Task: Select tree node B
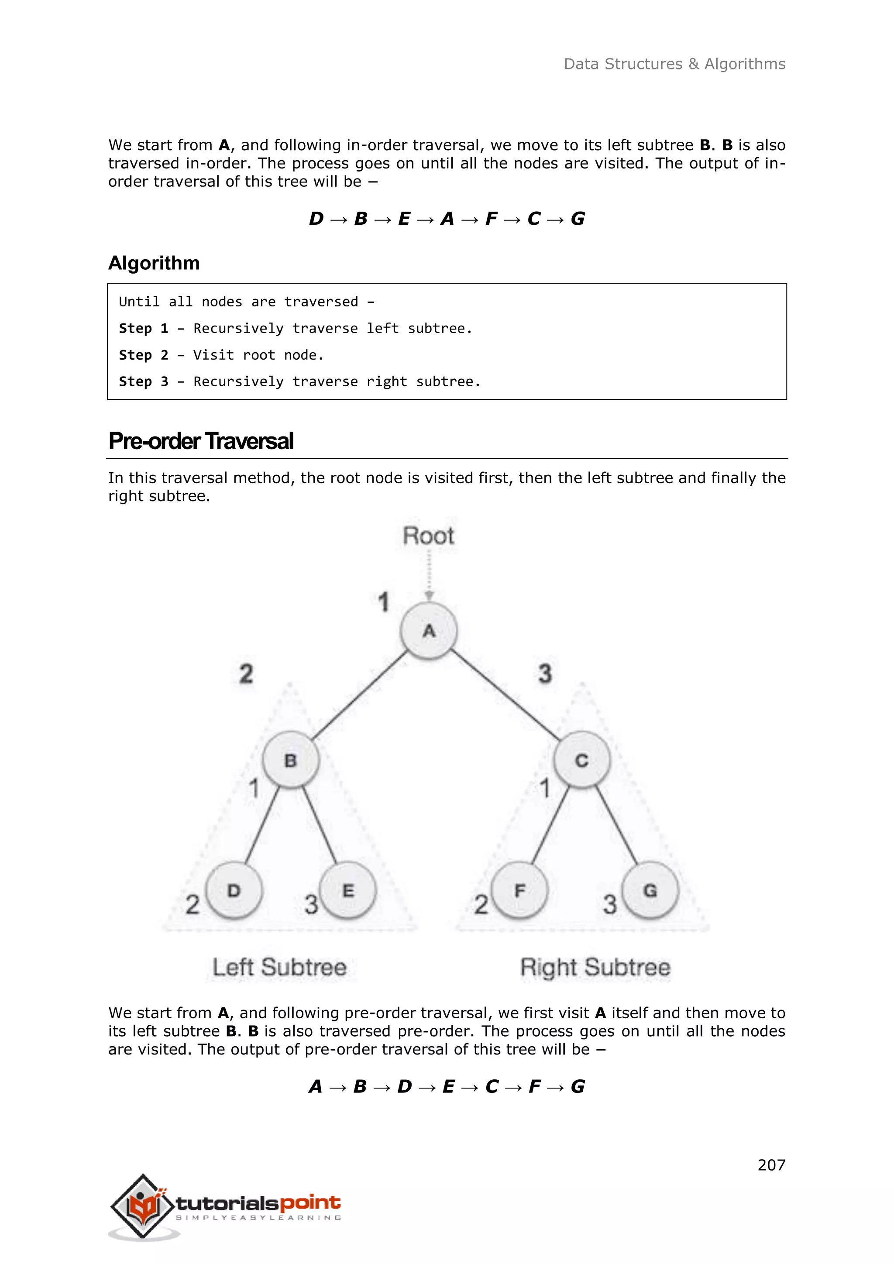(291, 760)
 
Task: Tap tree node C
(582, 760)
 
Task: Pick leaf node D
(234, 890)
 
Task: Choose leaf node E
(348, 890)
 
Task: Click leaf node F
(519, 890)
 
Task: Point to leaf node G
(650, 890)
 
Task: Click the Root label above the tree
(428, 536)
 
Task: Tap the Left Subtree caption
(280, 967)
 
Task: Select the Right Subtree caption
(595, 967)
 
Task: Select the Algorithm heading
(154, 263)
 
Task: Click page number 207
(771, 1165)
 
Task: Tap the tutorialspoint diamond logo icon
(143, 1206)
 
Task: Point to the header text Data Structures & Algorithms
(674, 65)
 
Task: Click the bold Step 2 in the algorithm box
(144, 355)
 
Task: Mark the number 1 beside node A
(384, 602)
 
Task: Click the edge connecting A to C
(505, 695)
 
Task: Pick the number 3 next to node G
(609, 904)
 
